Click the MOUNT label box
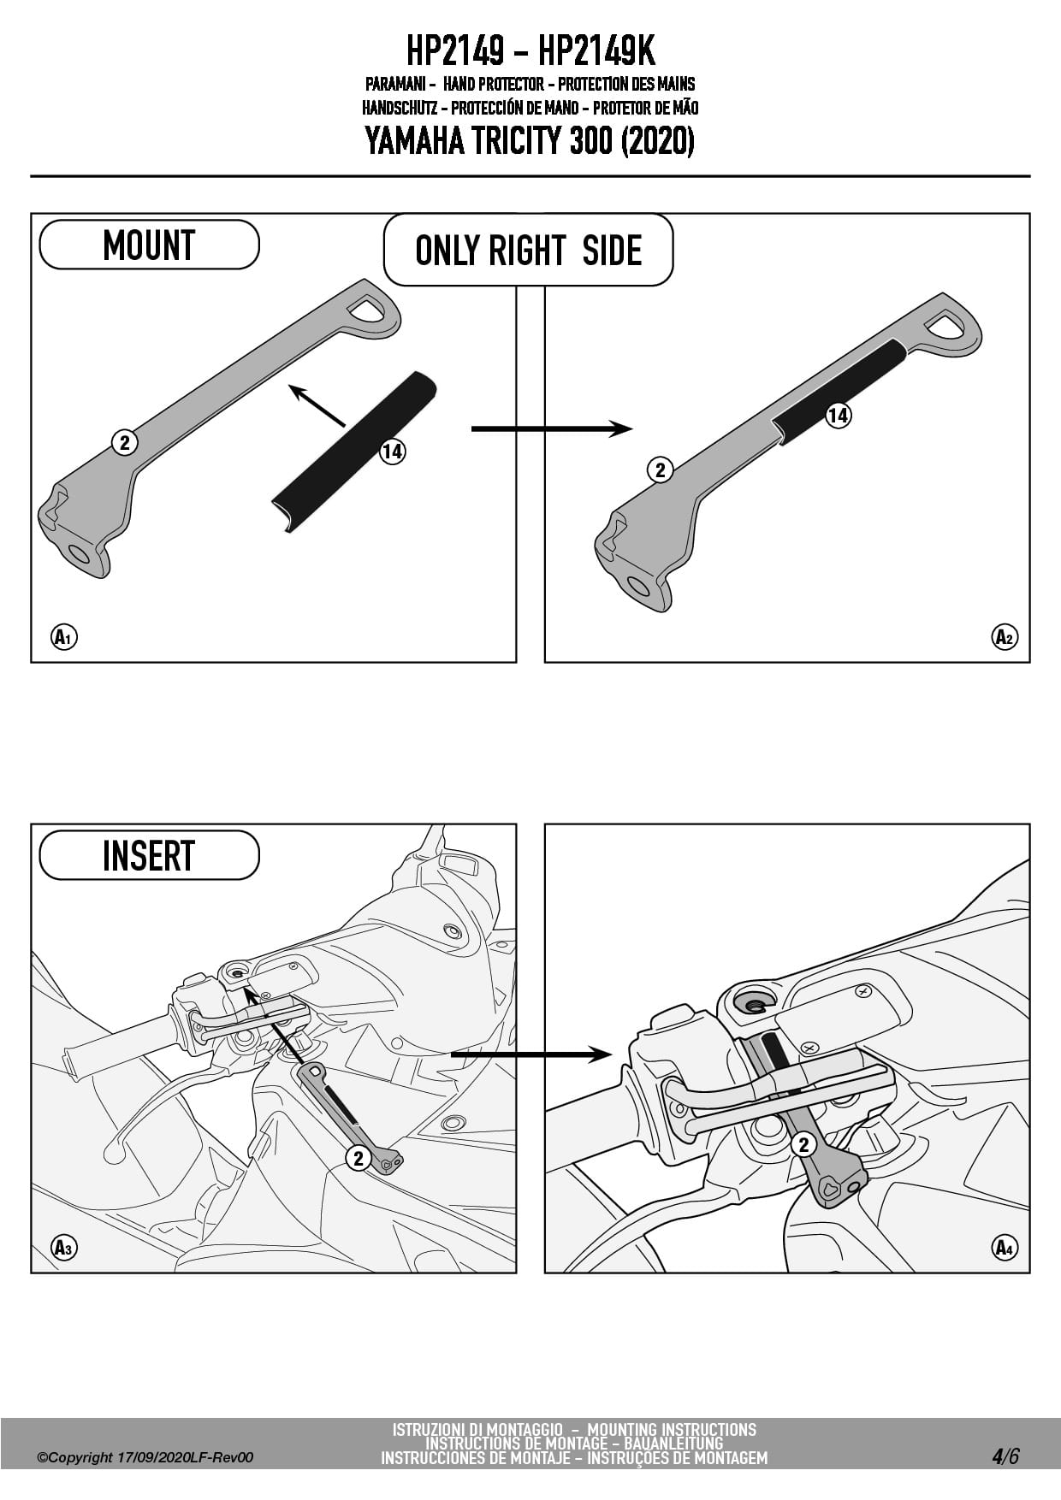coord(149,245)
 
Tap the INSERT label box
coord(149,855)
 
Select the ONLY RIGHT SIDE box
coord(528,251)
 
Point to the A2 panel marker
coord(1005,637)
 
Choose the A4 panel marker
coord(1005,1247)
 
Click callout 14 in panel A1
coord(392,451)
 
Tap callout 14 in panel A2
coord(838,416)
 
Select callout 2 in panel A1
coord(125,442)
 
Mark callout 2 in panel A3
coord(359,1158)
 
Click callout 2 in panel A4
coord(803,1144)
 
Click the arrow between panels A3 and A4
coord(530,1054)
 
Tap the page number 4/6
coord(1005,1456)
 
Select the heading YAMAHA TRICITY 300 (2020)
coord(530,141)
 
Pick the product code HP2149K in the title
coord(596,51)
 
